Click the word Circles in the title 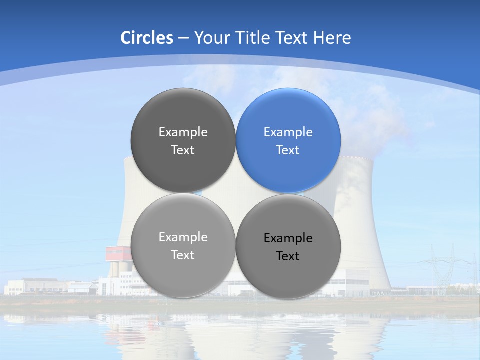pos(147,38)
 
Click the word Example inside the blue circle pos(288,132)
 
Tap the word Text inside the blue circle pos(288,150)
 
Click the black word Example pos(288,238)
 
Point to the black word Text pos(288,256)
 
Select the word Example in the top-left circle pos(183,132)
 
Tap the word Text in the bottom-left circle pos(183,255)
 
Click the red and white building pos(118,253)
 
